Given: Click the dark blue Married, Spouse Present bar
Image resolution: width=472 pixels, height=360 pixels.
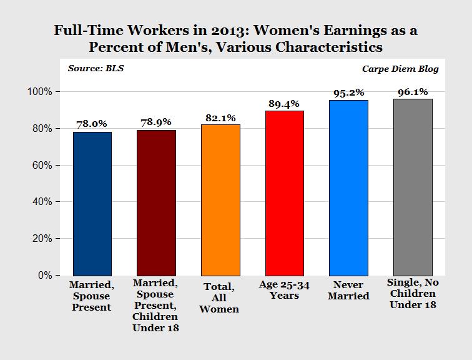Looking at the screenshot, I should coord(92,203).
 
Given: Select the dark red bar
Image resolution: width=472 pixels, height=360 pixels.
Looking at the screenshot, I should coord(156,202).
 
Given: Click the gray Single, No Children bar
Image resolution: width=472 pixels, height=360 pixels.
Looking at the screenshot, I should coord(413,187).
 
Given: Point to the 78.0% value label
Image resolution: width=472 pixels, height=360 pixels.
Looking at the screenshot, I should coord(92,124).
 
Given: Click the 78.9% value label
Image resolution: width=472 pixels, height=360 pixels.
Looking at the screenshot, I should coord(156,122).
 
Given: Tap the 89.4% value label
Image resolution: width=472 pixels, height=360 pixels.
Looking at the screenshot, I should coord(284,103).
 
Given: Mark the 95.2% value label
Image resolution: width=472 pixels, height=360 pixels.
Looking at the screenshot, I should coord(348,92).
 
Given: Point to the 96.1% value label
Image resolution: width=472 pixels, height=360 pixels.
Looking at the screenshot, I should coord(413,91).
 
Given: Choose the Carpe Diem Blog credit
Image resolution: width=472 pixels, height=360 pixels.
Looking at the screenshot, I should coord(400,69).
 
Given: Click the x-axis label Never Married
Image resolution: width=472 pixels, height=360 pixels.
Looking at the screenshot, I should coord(348,291).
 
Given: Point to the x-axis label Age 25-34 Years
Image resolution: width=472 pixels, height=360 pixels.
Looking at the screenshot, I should coord(284,291).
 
